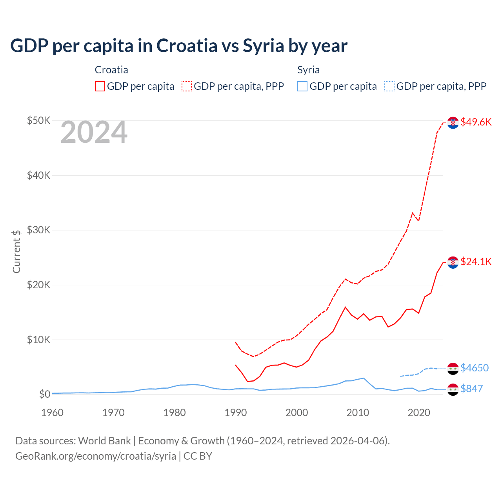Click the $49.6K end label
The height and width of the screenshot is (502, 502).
tap(476, 122)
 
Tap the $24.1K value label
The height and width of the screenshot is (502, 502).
tap(476, 262)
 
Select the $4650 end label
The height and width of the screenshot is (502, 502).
tap(474, 368)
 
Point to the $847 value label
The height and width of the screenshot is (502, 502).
tap(471, 389)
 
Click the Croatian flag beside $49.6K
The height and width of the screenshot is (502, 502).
tap(453, 123)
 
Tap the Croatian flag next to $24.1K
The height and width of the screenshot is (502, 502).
tap(453, 262)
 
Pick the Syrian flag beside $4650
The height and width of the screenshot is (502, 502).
tap(453, 369)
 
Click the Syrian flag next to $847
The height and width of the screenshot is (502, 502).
tap(453, 389)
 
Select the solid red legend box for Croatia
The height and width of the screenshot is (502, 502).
tap(100, 86)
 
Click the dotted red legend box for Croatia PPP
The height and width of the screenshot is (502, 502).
tap(187, 86)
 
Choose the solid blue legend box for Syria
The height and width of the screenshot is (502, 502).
tap(302, 86)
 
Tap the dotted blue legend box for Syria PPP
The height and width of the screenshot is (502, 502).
tap(389, 86)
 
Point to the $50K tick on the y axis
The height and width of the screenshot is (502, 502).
tap(38, 120)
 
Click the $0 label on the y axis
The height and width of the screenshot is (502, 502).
tap(45, 394)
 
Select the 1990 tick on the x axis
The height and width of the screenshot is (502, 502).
tap(236, 413)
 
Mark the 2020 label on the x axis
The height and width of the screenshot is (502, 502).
tap(419, 413)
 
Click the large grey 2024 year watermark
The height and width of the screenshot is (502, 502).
tap(94, 133)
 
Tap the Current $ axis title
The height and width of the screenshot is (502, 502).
tap(16, 251)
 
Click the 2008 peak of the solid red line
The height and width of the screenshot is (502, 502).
tap(345, 307)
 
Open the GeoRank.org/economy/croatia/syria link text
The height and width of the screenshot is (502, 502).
tap(96, 456)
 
